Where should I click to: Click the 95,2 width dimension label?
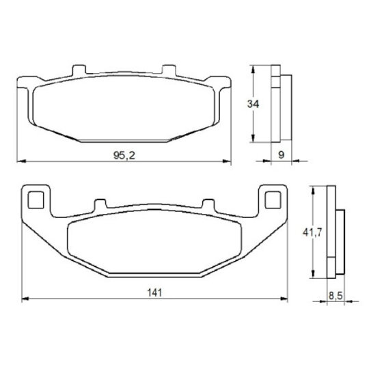coord(124,155)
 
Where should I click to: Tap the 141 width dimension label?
coord(154,292)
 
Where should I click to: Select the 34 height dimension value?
coord(253,104)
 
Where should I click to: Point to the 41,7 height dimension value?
coord(312,233)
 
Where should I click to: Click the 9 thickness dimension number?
coord(282,155)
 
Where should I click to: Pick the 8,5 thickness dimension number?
coord(336,296)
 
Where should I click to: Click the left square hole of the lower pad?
coord(36,200)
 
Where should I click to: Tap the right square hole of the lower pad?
coord(273,200)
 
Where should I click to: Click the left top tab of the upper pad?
coord(79,70)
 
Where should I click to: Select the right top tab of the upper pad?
coord(169,70)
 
